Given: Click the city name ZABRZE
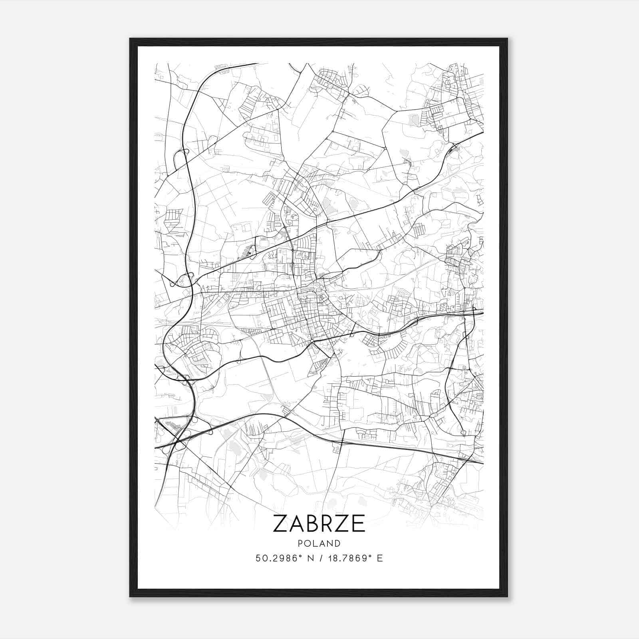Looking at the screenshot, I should (319, 523).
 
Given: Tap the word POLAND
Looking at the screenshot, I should (319, 544).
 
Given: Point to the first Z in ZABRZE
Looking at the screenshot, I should (281, 523).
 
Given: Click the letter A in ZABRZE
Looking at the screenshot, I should (296, 523).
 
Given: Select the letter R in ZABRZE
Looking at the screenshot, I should (327, 523).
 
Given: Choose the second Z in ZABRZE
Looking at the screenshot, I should (343, 523).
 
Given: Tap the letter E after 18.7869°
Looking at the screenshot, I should (380, 558).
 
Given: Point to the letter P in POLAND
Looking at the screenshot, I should (299, 544).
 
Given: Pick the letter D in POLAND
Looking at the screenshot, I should (338, 544).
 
